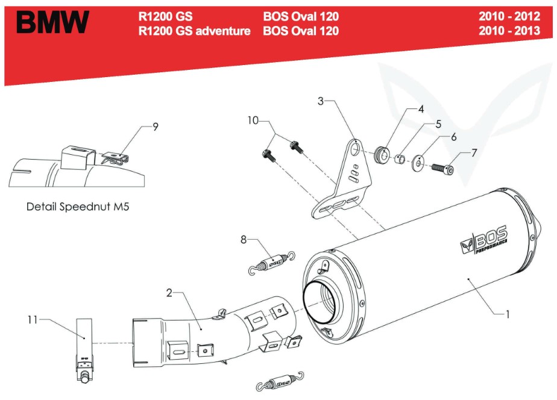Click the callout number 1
[x=508, y=314]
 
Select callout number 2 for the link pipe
[x=169, y=293]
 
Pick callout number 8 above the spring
[x=244, y=240]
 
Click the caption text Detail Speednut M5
[x=78, y=206]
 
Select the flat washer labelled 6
[x=417, y=164]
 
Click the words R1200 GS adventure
[x=194, y=31]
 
